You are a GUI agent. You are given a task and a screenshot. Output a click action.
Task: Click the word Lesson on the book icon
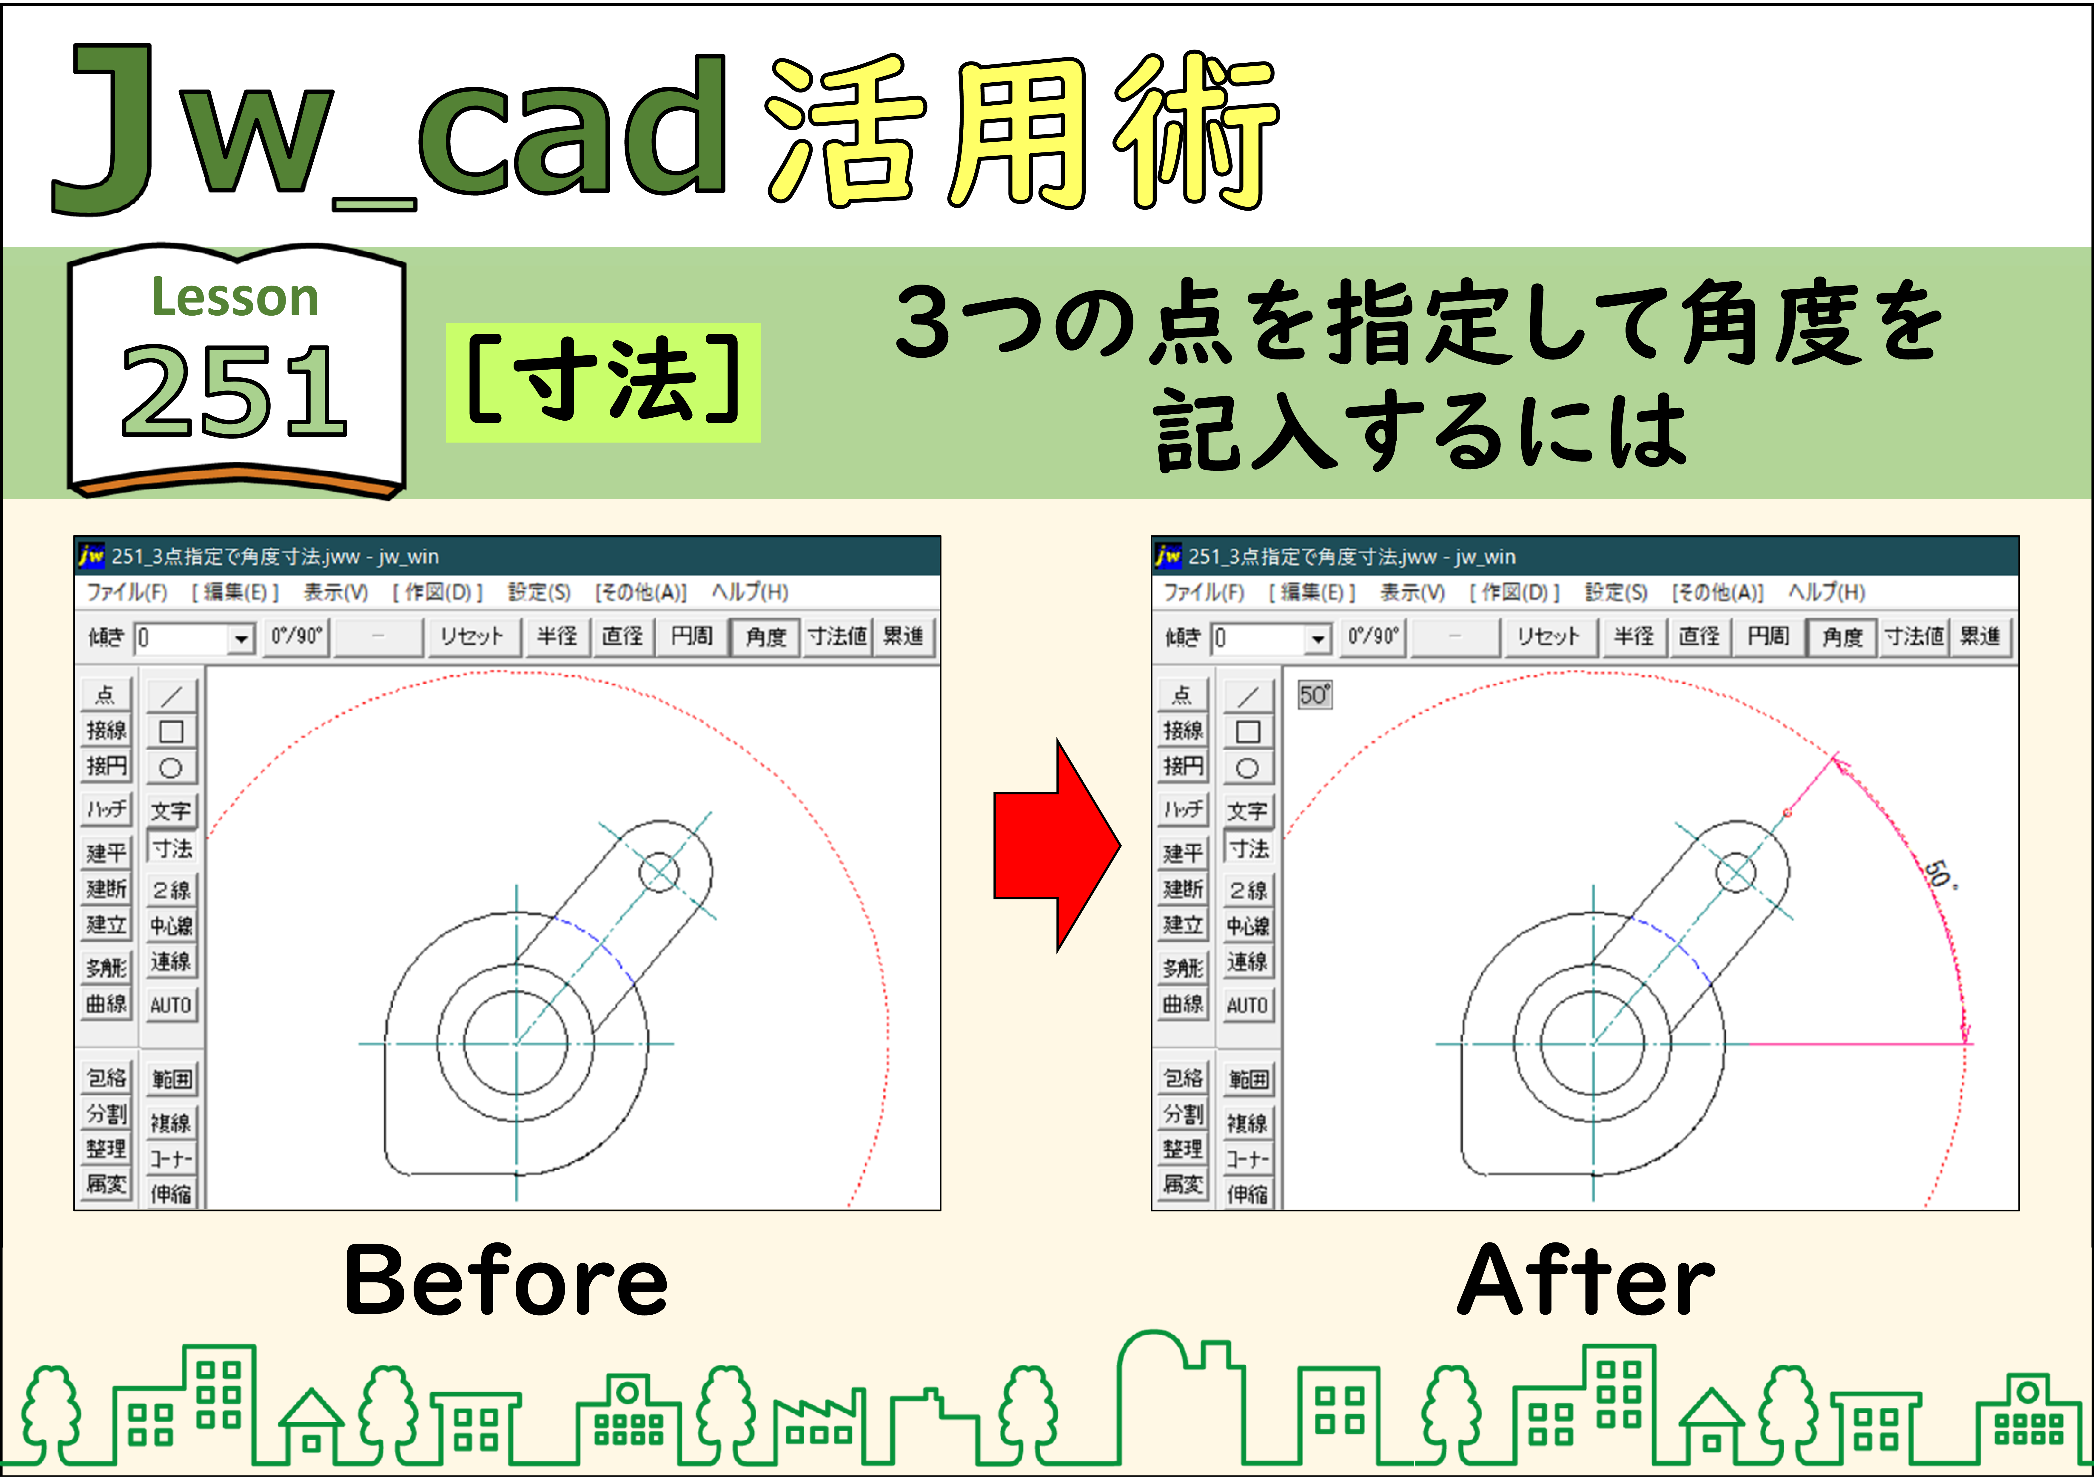point(234,297)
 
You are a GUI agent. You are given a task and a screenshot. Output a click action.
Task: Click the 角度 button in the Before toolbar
point(765,637)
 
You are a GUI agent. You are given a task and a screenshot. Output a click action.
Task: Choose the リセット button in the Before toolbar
point(472,637)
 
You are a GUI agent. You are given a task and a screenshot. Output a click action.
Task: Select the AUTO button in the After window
point(1248,1005)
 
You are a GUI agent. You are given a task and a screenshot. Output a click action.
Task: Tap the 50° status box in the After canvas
point(1314,695)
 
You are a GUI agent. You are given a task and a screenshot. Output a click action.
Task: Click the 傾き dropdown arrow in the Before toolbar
point(241,638)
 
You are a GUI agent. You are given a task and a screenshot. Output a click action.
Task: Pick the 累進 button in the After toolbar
point(1980,637)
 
